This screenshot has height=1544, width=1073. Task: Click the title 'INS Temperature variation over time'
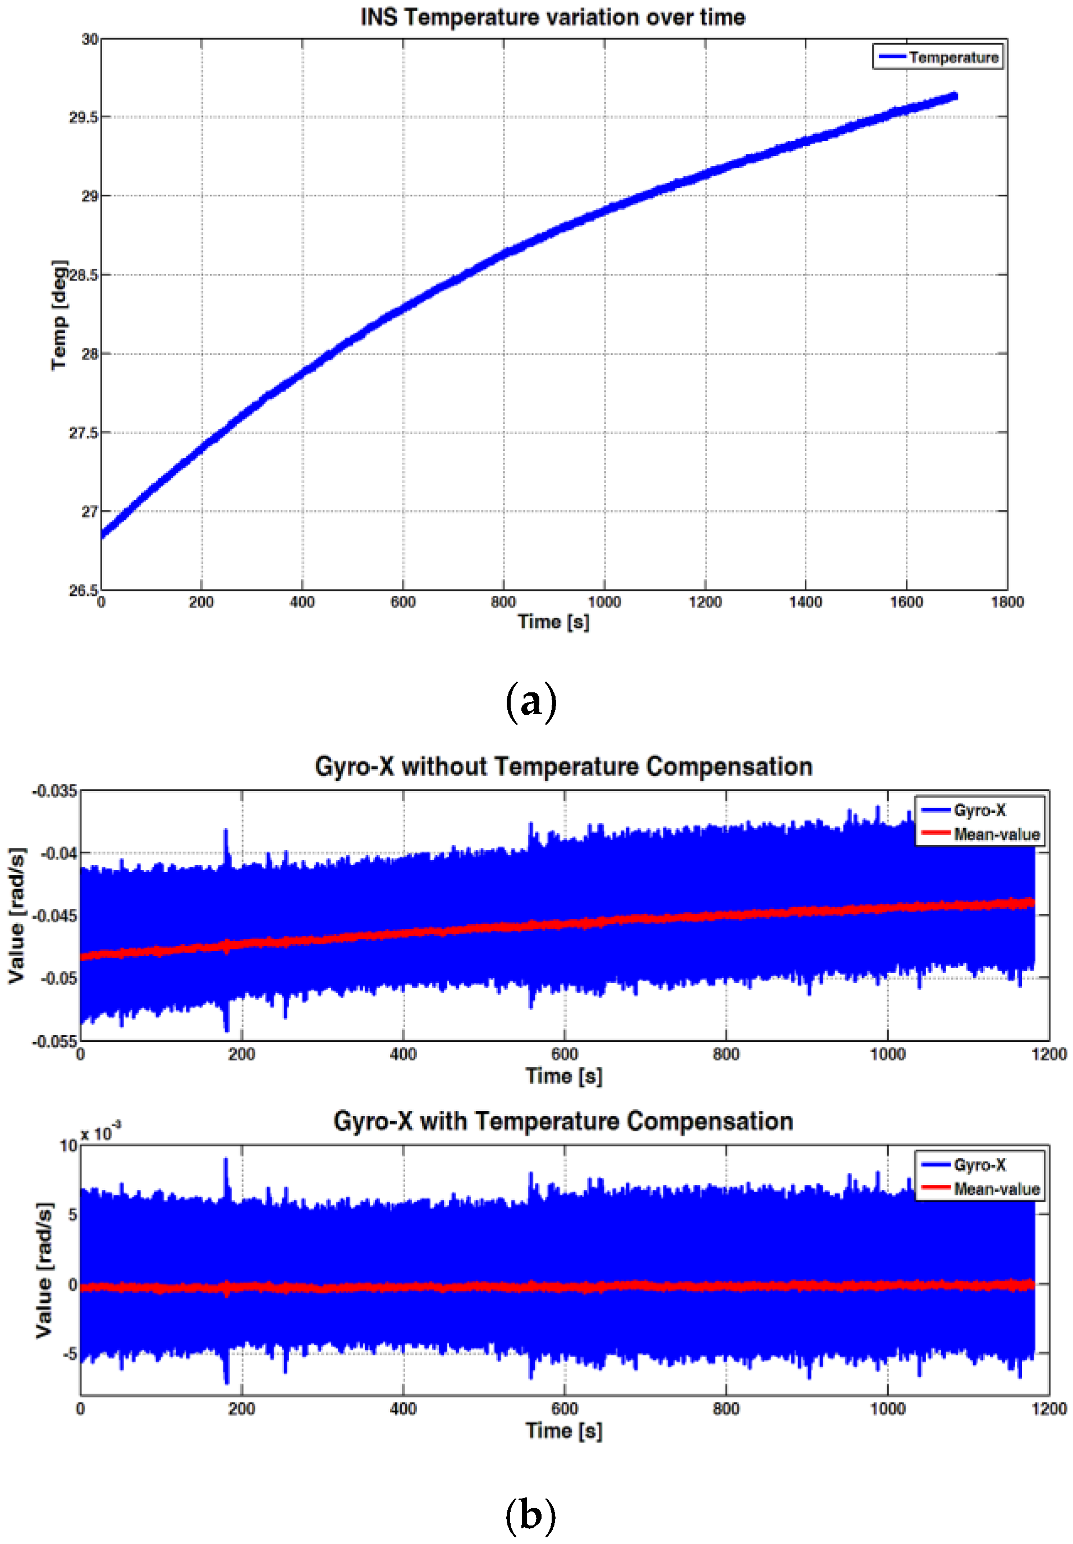click(x=553, y=17)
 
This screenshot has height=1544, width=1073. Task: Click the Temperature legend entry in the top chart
click(x=953, y=58)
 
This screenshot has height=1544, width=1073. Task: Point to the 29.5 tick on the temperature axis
click(x=84, y=118)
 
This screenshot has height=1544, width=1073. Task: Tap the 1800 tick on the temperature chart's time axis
click(x=1006, y=602)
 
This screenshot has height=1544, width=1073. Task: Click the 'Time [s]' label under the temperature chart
click(x=553, y=622)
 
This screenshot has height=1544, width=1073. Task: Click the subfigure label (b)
click(x=530, y=1517)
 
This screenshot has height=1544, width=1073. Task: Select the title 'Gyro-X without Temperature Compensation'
click(x=563, y=767)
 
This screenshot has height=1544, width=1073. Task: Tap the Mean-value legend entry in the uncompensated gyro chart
click(x=996, y=835)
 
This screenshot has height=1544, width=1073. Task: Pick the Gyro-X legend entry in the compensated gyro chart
click(x=979, y=1165)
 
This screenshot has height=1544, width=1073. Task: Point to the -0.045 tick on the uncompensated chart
click(x=59, y=916)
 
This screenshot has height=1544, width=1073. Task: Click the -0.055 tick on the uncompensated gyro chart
click(x=55, y=1041)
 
